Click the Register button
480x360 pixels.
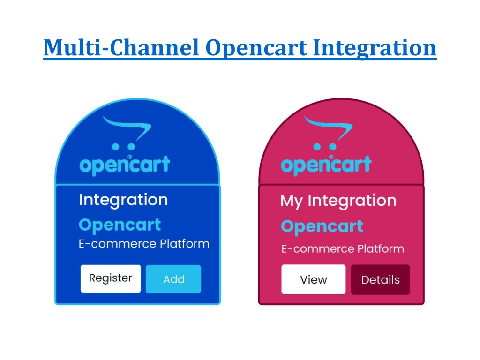111,278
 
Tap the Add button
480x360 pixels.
173,279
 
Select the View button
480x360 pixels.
314,279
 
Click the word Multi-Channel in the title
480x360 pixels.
121,48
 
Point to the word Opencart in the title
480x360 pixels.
256,49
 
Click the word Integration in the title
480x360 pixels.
375,49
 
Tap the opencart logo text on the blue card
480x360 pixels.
125,165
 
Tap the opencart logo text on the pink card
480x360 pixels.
326,165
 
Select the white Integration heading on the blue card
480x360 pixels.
123,200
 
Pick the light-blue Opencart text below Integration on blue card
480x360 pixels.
120,225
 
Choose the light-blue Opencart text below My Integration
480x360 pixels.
322,227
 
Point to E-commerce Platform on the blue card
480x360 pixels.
144,244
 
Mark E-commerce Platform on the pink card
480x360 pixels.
343,248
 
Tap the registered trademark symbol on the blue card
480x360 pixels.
129,157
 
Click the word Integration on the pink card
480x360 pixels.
352,201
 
